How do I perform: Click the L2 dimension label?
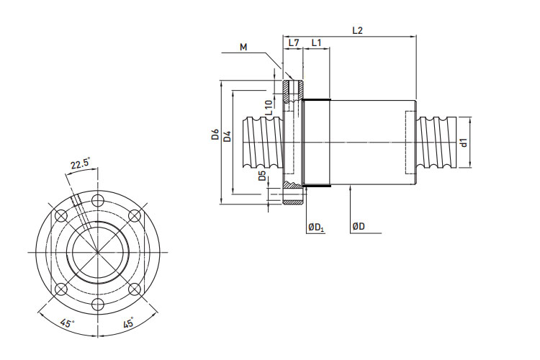tap(357, 30)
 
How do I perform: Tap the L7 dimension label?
tap(294, 43)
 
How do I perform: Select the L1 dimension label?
tap(316, 43)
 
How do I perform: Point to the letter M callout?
tap(243, 48)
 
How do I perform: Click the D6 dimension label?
tap(215, 135)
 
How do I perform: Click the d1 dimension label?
tap(464, 142)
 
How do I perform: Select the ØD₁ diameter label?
tap(315, 227)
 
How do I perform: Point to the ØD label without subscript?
tap(358, 227)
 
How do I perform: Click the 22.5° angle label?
tap(80, 165)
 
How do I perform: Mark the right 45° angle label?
tap(128, 323)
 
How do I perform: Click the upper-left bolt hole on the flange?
tap(60, 215)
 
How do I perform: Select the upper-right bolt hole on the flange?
tap(134, 215)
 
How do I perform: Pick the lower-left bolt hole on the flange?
tap(60, 289)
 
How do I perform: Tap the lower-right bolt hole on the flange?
tap(134, 289)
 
